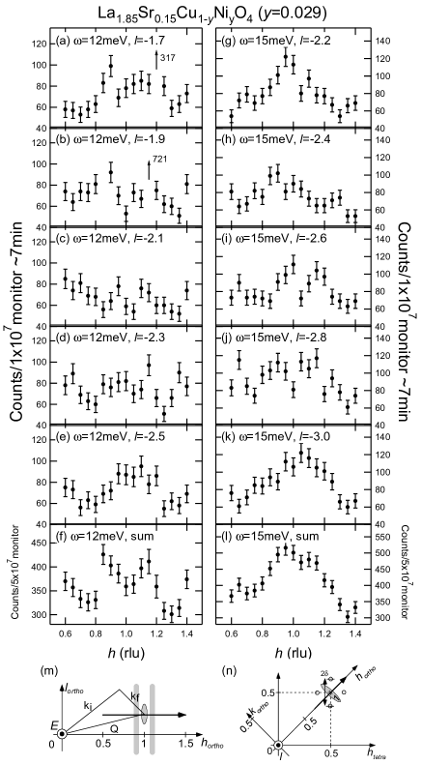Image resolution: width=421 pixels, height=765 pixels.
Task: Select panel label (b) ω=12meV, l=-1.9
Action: tap(110, 138)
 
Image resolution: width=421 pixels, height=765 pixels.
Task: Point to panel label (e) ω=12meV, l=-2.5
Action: tap(110, 436)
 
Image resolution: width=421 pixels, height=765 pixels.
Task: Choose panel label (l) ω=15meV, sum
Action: tap(269, 535)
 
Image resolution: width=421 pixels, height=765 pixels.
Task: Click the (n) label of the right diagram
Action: tap(229, 670)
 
